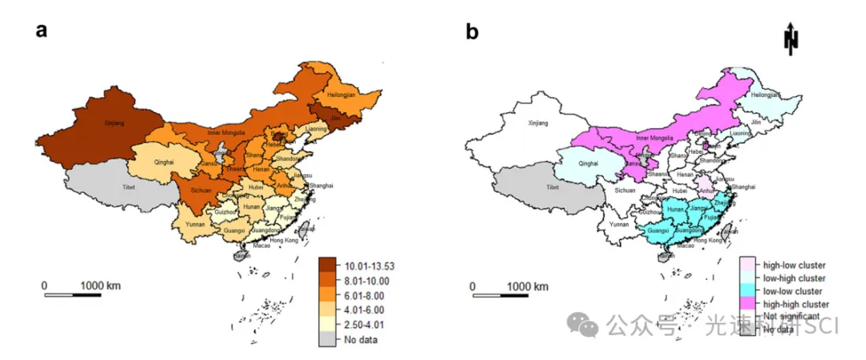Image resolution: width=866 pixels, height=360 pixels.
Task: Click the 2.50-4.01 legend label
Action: (x=361, y=324)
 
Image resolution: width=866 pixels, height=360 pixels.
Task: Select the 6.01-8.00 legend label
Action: (x=361, y=294)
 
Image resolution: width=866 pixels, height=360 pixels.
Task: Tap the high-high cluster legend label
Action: (x=795, y=304)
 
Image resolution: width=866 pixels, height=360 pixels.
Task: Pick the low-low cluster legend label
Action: (x=792, y=291)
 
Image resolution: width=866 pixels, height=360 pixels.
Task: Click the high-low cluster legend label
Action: (x=794, y=265)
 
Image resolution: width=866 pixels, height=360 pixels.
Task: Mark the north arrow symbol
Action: (x=792, y=38)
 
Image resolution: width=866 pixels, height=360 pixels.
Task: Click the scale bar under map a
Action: (x=72, y=295)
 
